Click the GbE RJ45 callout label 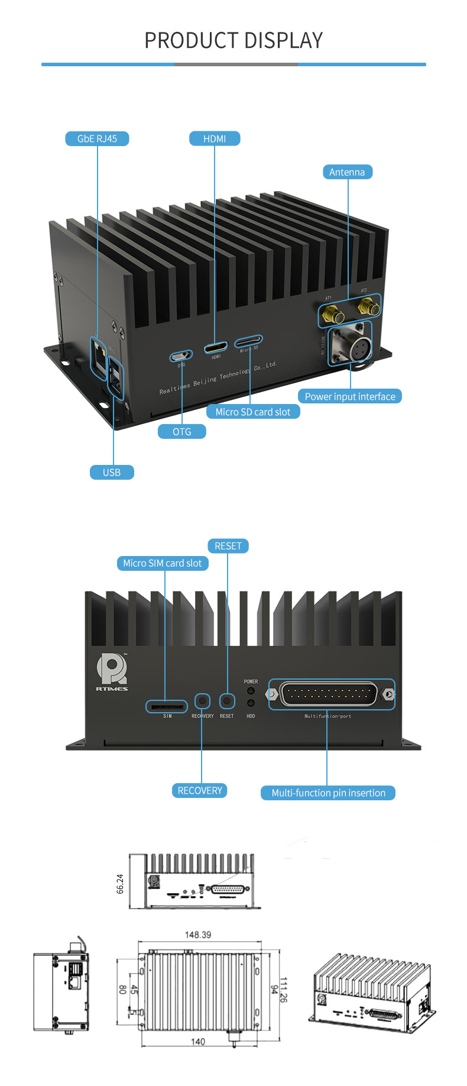point(97,138)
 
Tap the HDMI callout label point(215,138)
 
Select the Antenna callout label point(347,172)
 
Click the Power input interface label point(350,396)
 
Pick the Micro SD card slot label point(253,412)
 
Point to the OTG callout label point(182,432)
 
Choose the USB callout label point(112,472)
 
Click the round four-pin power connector point(356,343)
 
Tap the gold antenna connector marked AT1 point(332,312)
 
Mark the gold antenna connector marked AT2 point(369,306)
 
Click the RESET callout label point(228,546)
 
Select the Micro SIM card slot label point(163,563)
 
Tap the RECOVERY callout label point(200,791)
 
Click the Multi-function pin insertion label point(328,793)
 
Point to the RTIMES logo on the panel point(112,672)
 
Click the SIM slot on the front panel point(167,706)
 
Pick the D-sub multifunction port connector point(329,694)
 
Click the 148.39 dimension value point(198,935)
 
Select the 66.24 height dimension point(121,884)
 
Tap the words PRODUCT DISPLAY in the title point(234,40)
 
